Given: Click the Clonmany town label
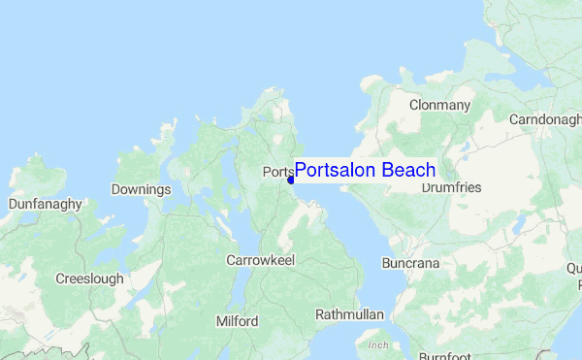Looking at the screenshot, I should point(439,105).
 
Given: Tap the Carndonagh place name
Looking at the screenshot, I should point(545,119).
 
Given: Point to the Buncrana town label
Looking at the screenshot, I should point(410,264).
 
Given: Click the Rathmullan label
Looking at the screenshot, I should point(349,314).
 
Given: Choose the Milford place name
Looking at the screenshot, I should point(237,321).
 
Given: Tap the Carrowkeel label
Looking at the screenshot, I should point(260,260).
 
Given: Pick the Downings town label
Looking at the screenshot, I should point(141,189).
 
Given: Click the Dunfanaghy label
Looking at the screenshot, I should point(45,205).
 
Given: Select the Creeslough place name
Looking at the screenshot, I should point(89,278).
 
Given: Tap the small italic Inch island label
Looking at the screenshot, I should point(377,345).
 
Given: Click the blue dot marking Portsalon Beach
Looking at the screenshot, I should point(291,180).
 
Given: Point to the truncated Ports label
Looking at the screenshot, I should point(276,173).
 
